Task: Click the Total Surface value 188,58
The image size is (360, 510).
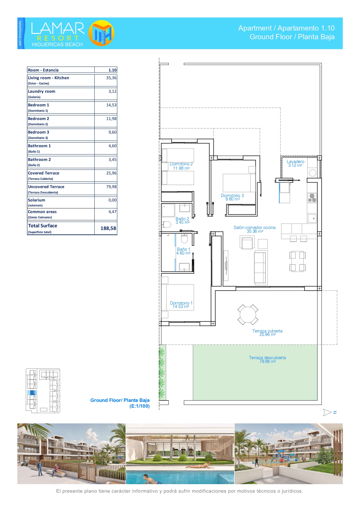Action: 108,228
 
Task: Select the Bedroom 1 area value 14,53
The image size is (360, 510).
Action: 111,105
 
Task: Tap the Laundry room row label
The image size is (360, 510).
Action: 42,91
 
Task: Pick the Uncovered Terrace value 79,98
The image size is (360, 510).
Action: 111,187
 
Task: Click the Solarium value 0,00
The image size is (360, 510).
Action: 112,200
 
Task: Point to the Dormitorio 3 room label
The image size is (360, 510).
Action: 232,196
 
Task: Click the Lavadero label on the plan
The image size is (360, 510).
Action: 296,162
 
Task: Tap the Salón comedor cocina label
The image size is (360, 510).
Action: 255,228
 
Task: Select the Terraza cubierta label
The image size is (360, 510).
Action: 267,331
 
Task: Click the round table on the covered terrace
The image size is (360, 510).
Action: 248,315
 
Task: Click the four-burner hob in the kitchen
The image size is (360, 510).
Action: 312,198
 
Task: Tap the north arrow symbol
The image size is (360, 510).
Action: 327,412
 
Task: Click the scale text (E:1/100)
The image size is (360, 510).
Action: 140,406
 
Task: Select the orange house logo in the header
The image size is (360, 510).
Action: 101,33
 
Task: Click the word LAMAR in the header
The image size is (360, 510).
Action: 58,28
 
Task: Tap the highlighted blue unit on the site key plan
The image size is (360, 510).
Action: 32,393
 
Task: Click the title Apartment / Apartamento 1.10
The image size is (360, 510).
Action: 287,28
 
